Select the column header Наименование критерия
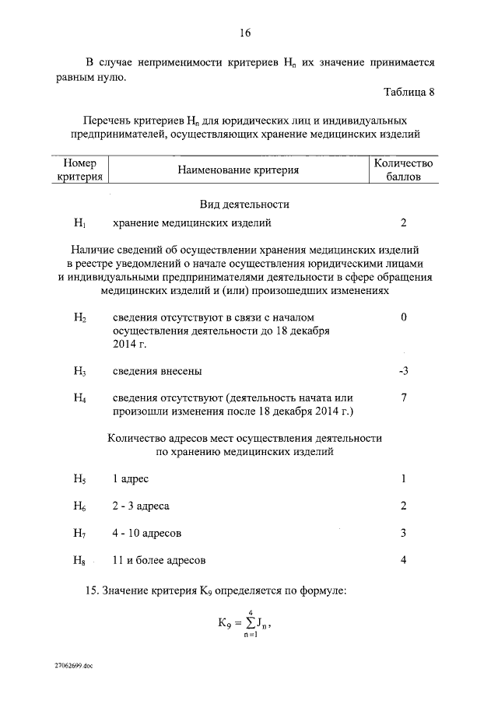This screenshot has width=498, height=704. pos(237,169)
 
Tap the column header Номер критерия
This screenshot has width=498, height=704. pos(80,170)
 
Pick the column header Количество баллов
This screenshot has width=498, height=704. pos(403,170)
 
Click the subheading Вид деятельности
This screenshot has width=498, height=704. pos(244,204)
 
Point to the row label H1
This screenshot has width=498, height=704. pos(79,223)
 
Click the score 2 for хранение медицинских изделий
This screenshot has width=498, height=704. pos(403,223)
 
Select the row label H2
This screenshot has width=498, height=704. pos(80,318)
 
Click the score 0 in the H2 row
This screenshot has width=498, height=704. pos(403,317)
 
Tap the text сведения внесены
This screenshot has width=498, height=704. pos(160,371)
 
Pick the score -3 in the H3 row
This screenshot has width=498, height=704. pos(402,371)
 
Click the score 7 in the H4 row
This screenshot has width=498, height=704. pos(403,398)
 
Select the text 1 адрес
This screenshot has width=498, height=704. pos(130,478)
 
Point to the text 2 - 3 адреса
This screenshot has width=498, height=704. pos(141,506)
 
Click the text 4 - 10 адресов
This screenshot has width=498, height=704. pos(147,533)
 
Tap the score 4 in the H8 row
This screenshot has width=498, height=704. pos(403,560)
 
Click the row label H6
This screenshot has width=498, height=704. pos(80,506)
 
